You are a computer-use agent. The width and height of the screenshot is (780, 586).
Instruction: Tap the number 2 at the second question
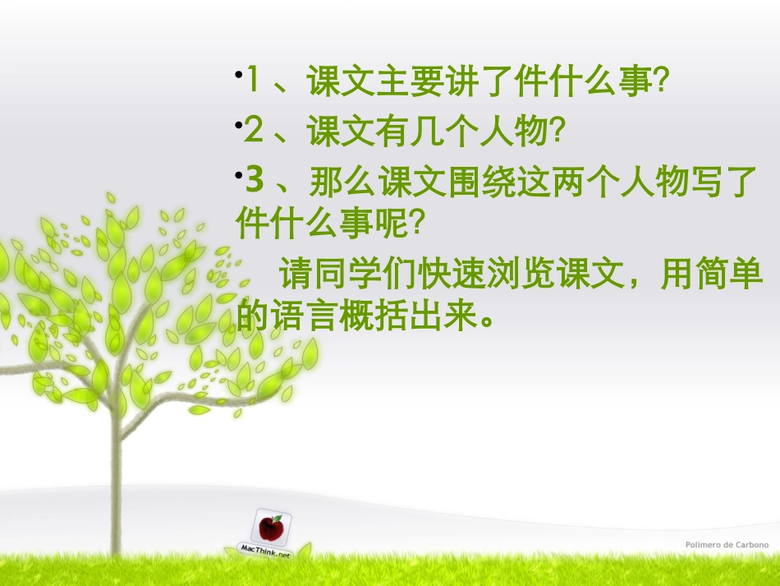[254, 130]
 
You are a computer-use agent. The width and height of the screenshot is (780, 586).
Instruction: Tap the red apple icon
[271, 526]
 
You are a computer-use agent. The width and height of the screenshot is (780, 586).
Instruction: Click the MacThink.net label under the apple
[264, 553]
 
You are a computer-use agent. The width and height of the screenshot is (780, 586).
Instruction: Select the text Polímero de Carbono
[727, 544]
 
